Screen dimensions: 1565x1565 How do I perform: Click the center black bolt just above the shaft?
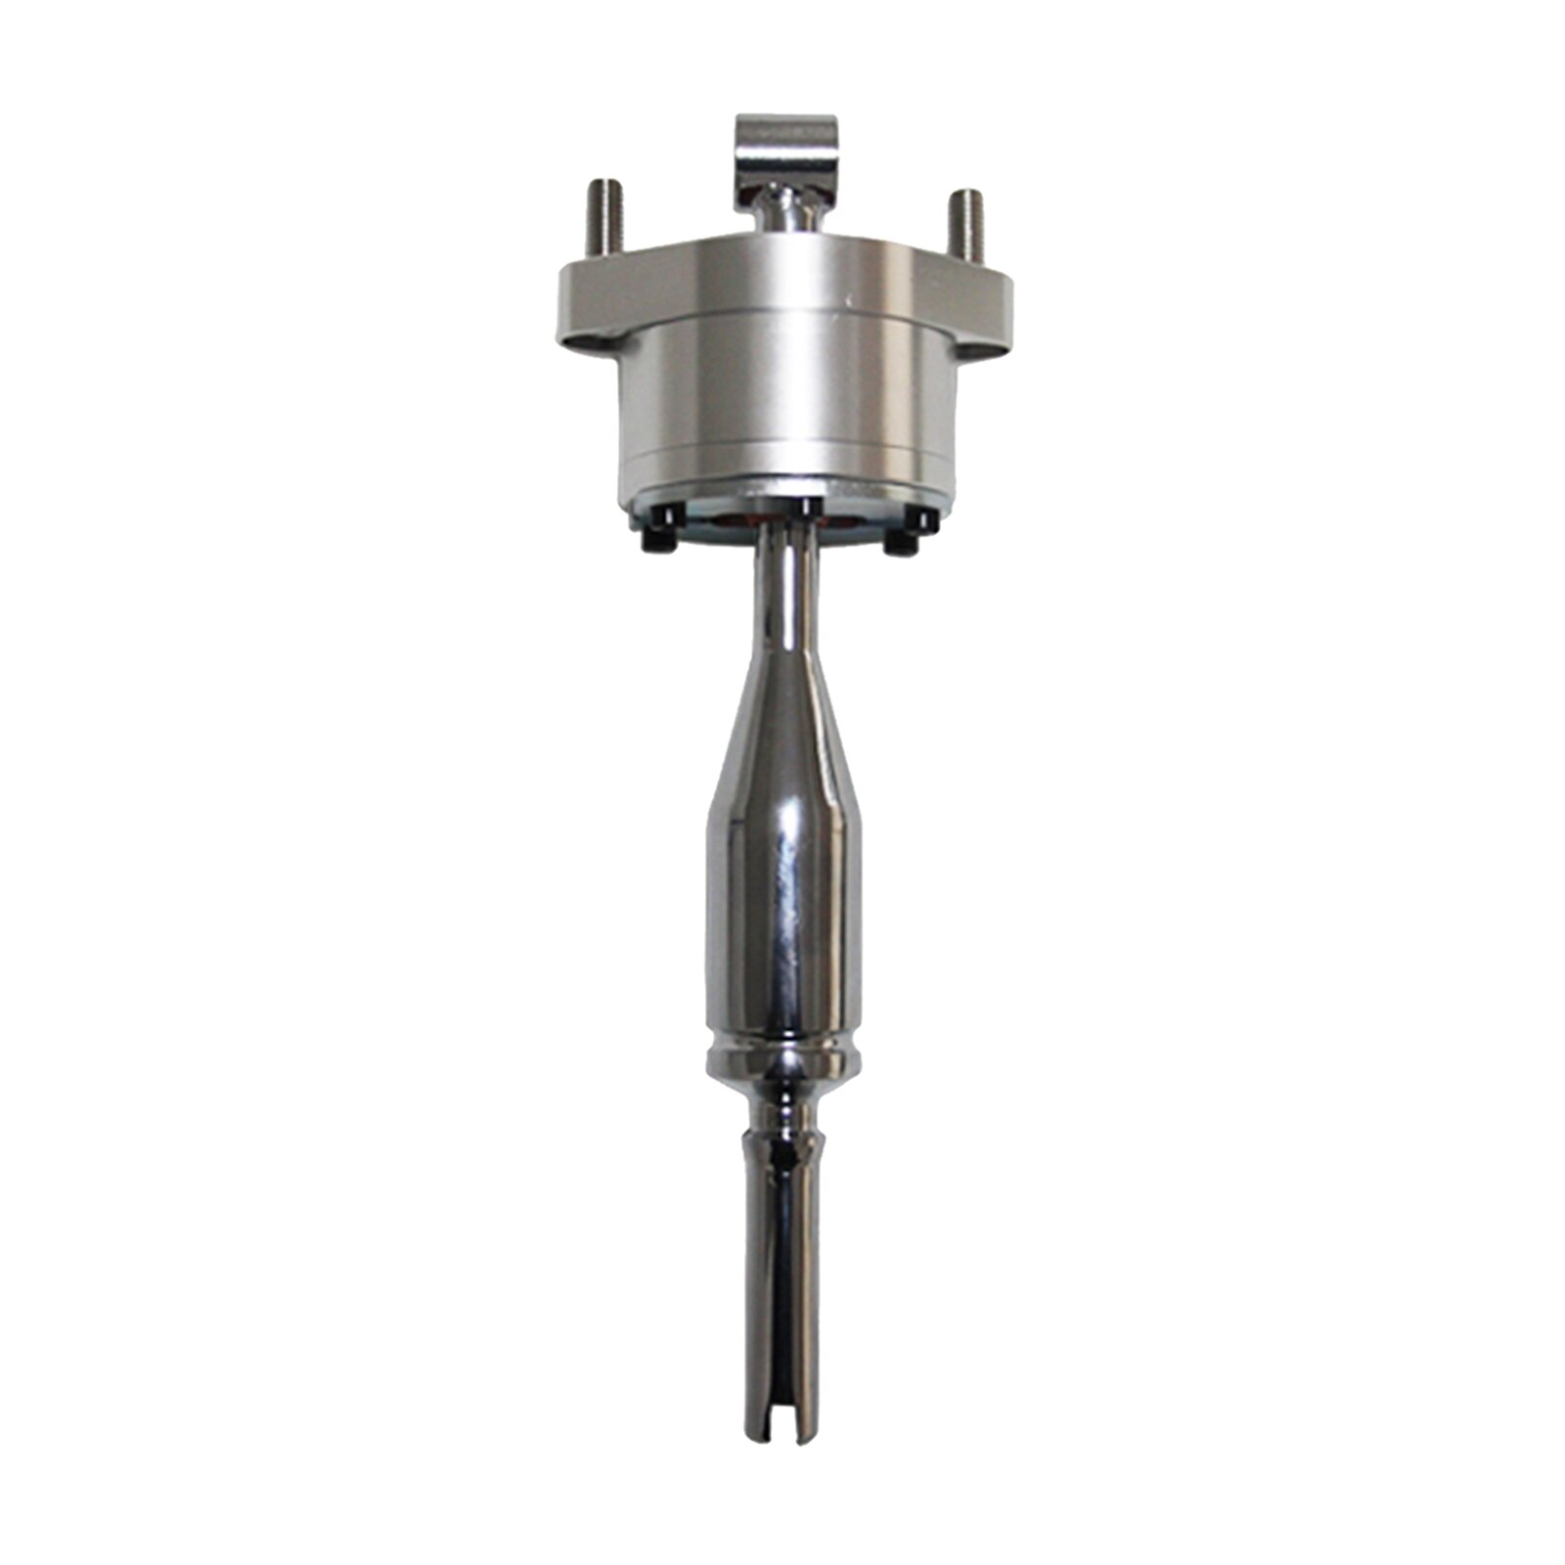[805, 509]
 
